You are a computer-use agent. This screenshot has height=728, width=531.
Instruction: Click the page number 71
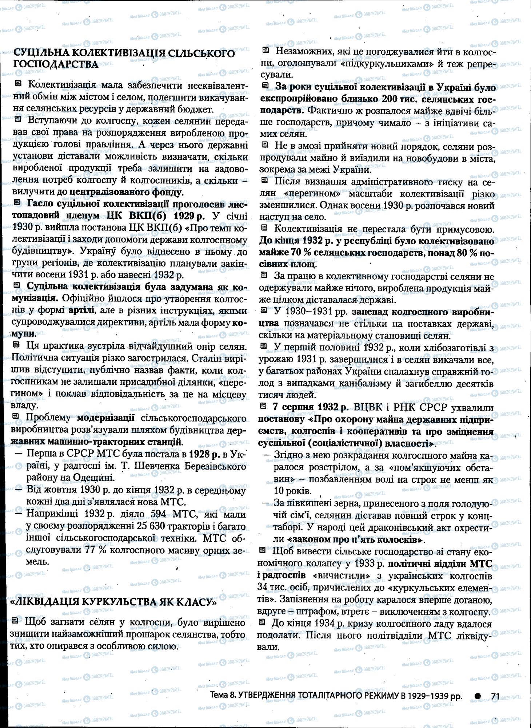(x=495, y=696)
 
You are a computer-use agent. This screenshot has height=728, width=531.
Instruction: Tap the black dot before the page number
(x=478, y=696)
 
